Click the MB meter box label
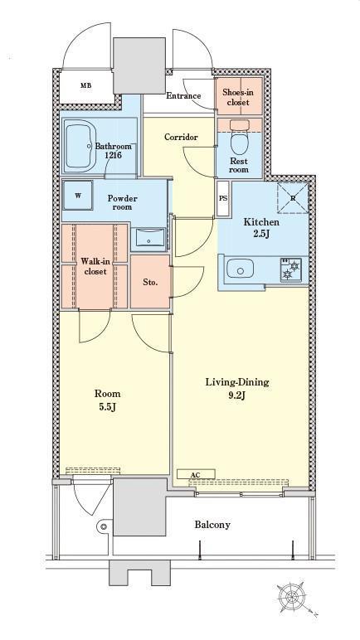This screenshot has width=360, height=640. (85, 85)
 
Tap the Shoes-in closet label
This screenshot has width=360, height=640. (238, 97)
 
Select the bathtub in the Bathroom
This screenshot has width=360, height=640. (80, 146)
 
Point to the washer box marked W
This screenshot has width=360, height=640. (78, 196)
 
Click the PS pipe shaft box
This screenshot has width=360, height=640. (223, 198)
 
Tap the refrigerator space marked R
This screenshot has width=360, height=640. (293, 197)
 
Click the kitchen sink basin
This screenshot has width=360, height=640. (240, 269)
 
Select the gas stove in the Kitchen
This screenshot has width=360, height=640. (290, 269)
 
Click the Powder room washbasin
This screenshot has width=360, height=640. (149, 237)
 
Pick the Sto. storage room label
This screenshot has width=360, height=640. (150, 282)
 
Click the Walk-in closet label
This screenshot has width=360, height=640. (94, 266)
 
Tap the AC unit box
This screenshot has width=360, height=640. (196, 474)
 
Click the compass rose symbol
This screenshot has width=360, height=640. (292, 597)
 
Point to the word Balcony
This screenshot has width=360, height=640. (212, 525)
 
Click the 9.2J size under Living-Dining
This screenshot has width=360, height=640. (236, 395)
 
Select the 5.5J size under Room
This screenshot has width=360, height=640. (108, 407)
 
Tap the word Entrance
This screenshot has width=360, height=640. (183, 96)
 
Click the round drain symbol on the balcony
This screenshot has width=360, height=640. (105, 526)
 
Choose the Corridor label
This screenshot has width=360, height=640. (181, 137)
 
